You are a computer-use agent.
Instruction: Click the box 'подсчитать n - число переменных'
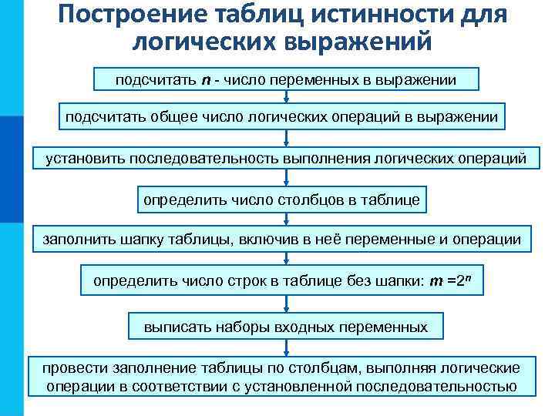[x=286, y=79]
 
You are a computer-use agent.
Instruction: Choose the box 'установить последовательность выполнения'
[x=286, y=159]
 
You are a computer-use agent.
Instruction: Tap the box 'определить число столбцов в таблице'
[x=281, y=200]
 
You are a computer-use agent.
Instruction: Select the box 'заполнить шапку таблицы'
[x=281, y=240]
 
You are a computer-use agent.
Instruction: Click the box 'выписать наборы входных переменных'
[x=286, y=327]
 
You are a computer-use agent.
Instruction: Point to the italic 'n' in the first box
[x=206, y=80]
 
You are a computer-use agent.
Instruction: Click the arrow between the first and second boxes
[x=286, y=96]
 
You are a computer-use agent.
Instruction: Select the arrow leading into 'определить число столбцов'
[x=286, y=179]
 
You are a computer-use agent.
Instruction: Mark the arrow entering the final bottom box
[x=286, y=347]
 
